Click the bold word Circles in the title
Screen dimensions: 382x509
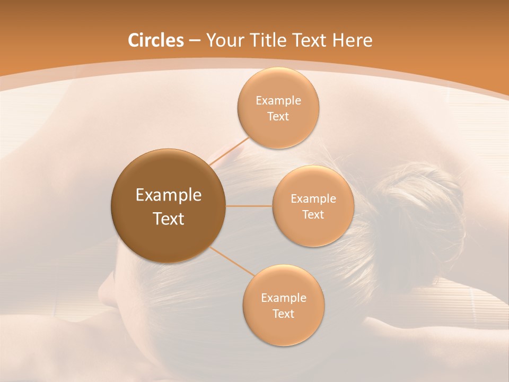coord(155,40)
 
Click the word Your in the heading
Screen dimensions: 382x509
coord(223,40)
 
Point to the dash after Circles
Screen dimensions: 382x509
coord(195,41)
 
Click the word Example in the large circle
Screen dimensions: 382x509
coord(168,195)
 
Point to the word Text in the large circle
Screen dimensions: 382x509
coord(168,219)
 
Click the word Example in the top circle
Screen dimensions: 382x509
coord(278,101)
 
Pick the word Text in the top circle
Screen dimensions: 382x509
coord(278,117)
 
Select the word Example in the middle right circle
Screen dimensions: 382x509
coord(313,199)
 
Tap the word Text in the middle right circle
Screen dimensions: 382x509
coord(313,215)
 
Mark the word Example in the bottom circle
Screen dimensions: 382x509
coord(283,298)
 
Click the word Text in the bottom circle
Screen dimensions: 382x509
coord(283,314)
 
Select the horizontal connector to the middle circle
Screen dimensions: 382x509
coord(249,206)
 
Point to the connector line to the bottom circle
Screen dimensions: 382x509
coord(232,261)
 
